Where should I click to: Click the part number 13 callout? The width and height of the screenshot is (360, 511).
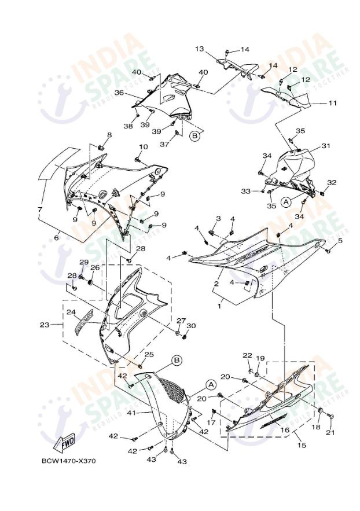tap(215, 49)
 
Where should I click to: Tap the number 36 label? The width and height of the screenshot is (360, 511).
tap(119, 93)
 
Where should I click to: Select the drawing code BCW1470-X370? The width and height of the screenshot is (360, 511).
tap(68, 461)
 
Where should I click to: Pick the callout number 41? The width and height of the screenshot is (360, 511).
tap(131, 413)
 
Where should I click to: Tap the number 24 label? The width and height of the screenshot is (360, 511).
tap(71, 312)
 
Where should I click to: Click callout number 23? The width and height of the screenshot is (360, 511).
tap(45, 325)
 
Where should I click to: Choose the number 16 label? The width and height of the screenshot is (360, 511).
tap(285, 430)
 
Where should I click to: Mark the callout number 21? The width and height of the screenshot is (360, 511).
tap(330, 433)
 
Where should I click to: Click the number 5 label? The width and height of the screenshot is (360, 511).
tap(340, 240)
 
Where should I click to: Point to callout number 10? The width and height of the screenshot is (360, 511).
tap(143, 146)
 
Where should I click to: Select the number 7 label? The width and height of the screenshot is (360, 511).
tap(40, 209)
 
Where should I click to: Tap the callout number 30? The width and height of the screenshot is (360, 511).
tap(192, 326)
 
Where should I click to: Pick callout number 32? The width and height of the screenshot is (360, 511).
tap(332, 182)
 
